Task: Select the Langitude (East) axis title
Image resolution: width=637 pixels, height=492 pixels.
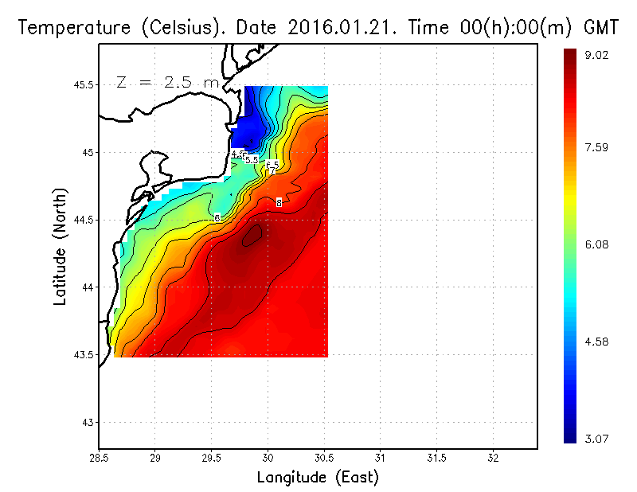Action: (x=317, y=478)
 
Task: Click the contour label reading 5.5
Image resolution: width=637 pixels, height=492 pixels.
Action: (x=252, y=160)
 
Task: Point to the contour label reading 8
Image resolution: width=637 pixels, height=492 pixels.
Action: (x=279, y=202)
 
